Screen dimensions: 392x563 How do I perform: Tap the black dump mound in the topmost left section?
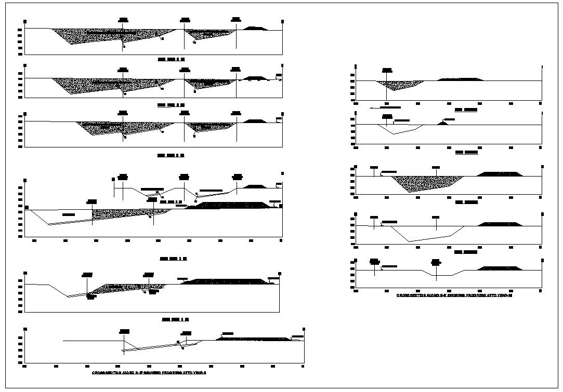coord(256,28)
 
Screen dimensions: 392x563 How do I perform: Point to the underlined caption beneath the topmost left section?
coord(171,60)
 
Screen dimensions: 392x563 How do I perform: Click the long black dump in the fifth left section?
coord(226,281)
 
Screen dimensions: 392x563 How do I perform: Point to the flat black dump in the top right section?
coord(461,79)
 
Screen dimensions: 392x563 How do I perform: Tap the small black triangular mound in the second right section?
coord(442,123)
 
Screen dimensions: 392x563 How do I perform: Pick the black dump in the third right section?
coord(499,174)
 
